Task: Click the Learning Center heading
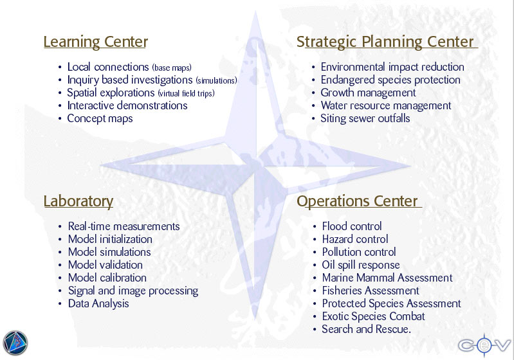(x=96, y=42)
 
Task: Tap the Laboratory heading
(x=78, y=201)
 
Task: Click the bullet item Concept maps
(x=100, y=118)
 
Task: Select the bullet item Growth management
(x=368, y=93)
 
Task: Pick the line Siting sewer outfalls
(x=365, y=118)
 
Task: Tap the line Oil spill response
(x=361, y=265)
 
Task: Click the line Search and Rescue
(x=366, y=329)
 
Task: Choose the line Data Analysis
(x=98, y=303)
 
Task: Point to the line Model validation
(x=106, y=265)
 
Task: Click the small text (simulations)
(x=216, y=80)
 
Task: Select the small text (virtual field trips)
(x=186, y=93)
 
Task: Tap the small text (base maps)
(x=172, y=67)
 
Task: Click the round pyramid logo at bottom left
(x=15, y=343)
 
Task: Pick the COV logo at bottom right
(x=484, y=345)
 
